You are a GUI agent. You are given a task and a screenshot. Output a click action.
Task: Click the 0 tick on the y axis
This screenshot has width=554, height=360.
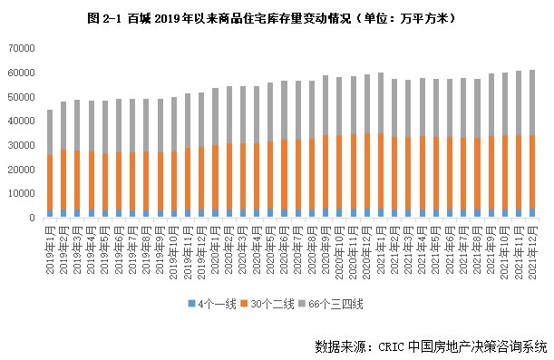32,218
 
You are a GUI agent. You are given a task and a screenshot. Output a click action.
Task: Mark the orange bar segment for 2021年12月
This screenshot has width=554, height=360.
531,172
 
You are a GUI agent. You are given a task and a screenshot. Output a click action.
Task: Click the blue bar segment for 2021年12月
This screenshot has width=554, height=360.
531,213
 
